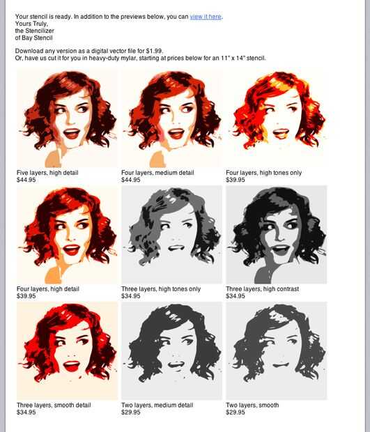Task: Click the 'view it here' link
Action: (206, 17)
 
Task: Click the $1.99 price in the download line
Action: (154, 51)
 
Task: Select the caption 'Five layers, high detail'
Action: (47, 173)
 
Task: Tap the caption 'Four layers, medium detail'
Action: (157, 173)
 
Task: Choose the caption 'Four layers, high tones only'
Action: (263, 173)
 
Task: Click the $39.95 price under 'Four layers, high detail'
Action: (26, 296)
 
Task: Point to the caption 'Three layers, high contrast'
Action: (262, 289)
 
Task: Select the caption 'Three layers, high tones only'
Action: (161, 289)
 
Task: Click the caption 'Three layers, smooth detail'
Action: (54, 406)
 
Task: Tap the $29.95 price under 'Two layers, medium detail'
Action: (131, 412)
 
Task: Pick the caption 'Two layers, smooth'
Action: (252, 406)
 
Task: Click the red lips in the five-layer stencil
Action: (72, 134)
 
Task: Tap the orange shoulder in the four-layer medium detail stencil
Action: (157, 160)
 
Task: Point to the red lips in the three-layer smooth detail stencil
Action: (72, 366)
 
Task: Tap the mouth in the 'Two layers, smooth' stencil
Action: (281, 365)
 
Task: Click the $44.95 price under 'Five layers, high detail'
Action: (26, 180)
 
